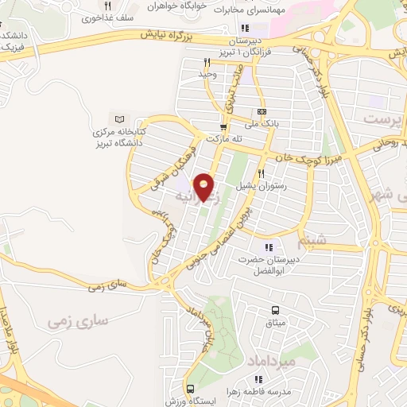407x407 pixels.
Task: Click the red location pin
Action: coord(204,186)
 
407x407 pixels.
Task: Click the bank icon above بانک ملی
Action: coord(262,112)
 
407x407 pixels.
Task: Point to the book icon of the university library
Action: coord(120,118)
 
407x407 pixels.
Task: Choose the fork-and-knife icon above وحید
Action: coord(207,62)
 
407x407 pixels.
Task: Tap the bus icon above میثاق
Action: coord(275,310)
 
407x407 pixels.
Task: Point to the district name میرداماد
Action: coord(276,361)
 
